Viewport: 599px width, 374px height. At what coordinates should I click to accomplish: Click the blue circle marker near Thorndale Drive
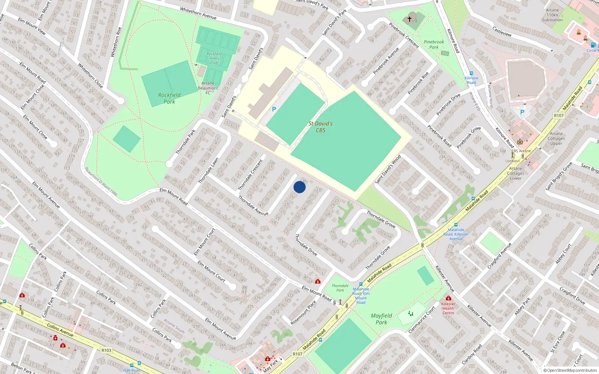coord(299,187)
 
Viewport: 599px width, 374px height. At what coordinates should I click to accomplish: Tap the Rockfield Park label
coord(169,98)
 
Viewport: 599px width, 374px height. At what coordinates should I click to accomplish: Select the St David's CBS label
coord(320,127)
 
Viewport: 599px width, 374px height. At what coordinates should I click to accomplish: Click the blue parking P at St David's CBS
coord(274,109)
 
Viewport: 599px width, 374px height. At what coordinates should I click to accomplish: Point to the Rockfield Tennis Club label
coord(214,58)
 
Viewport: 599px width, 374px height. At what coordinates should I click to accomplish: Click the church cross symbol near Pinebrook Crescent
coord(410,18)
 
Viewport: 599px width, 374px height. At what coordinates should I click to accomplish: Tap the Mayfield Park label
coord(381,319)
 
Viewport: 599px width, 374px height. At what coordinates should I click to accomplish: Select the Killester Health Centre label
coord(448,308)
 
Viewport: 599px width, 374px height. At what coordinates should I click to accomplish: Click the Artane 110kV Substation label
coord(552,15)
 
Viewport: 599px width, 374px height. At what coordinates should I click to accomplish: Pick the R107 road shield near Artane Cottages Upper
coord(559,116)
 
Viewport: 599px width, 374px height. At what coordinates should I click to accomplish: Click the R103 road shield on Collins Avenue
coord(106,350)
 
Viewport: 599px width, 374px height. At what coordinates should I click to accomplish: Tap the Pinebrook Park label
coord(434,45)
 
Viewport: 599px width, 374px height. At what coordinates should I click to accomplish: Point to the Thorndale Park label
coord(340,288)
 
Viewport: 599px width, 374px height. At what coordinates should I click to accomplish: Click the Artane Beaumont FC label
coord(208,88)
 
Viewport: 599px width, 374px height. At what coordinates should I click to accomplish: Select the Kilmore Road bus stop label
coord(471,80)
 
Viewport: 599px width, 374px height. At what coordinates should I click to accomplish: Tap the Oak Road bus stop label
coord(132,370)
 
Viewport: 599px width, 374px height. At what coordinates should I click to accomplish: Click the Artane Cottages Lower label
coord(516,173)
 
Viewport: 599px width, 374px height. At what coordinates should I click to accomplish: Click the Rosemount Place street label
coord(304,312)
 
